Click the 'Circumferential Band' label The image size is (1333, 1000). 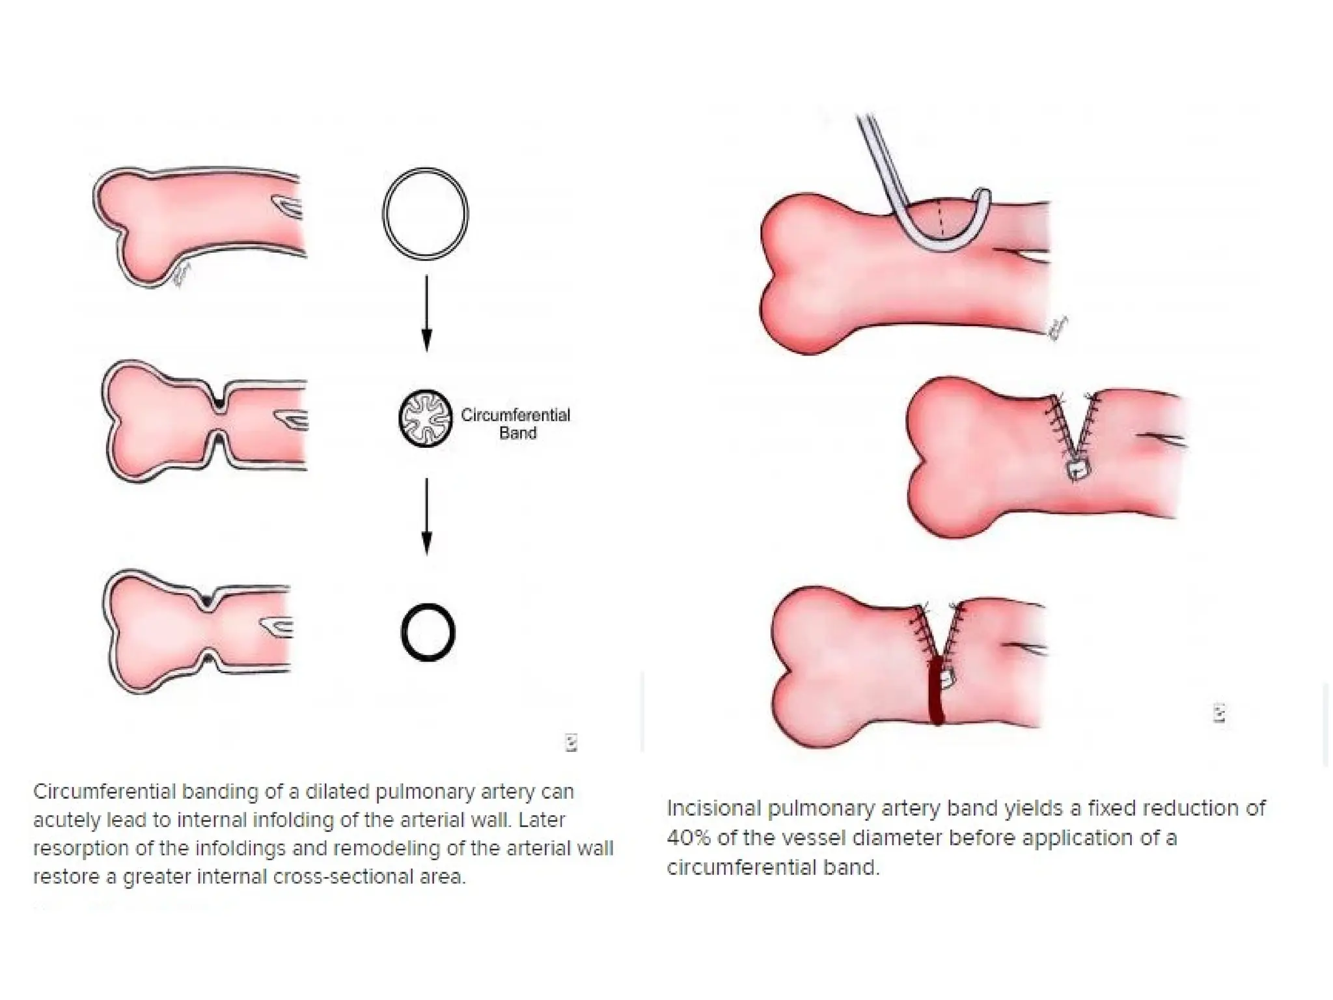(x=515, y=424)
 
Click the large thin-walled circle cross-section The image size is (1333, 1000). (x=425, y=214)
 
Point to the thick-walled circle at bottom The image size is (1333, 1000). (x=428, y=632)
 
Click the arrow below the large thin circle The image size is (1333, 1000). (x=426, y=312)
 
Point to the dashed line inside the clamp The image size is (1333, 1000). (x=940, y=221)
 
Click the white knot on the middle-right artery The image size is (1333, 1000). (x=1077, y=469)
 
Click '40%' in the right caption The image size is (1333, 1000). (x=689, y=837)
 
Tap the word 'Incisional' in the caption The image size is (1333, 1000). (x=713, y=809)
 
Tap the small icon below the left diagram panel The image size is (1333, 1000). (x=571, y=743)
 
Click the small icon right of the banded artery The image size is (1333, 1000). (x=1220, y=714)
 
